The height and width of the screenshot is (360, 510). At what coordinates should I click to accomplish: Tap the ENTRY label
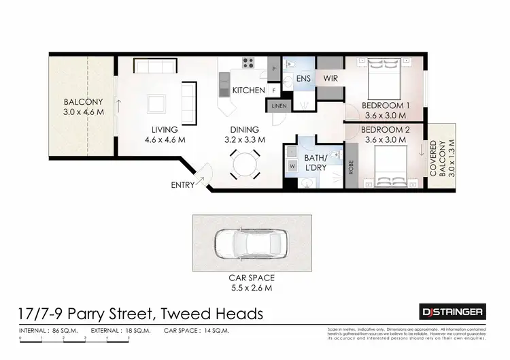(182, 185)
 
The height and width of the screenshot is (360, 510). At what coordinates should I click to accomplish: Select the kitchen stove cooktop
(248, 64)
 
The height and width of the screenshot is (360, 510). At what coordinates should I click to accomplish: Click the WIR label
(330, 78)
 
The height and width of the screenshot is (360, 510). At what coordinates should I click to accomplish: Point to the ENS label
(304, 78)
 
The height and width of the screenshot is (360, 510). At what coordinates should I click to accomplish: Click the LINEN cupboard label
(279, 107)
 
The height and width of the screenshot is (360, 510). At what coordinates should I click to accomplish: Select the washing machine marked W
(292, 165)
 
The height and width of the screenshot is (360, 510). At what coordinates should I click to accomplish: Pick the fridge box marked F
(274, 89)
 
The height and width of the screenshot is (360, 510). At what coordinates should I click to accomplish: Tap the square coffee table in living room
(157, 103)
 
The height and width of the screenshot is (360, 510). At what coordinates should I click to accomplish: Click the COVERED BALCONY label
(439, 159)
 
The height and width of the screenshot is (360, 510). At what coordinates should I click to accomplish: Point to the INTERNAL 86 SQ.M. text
(49, 330)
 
